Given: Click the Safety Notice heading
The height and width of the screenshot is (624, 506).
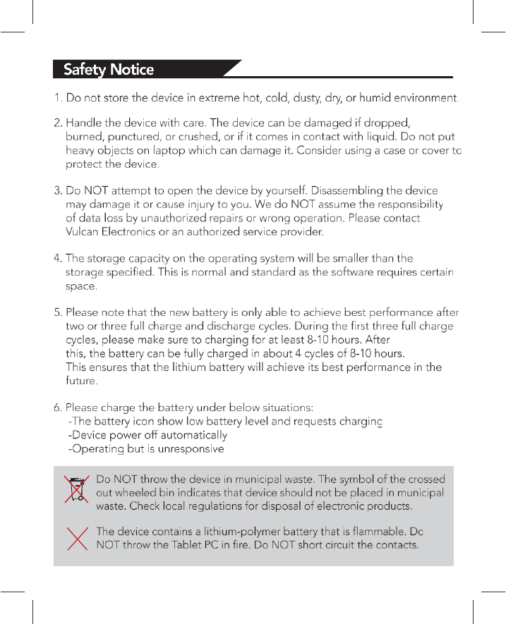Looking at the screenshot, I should tap(109, 69).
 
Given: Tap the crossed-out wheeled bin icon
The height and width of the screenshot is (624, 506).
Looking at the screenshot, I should tap(76, 489).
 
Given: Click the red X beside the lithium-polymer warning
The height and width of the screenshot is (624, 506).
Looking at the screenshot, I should tap(76, 539).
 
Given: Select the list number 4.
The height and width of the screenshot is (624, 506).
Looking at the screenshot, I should tap(58, 259).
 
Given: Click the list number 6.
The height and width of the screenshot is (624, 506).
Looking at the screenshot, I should tap(58, 408).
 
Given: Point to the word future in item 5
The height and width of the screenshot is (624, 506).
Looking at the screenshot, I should tap(80, 381).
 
